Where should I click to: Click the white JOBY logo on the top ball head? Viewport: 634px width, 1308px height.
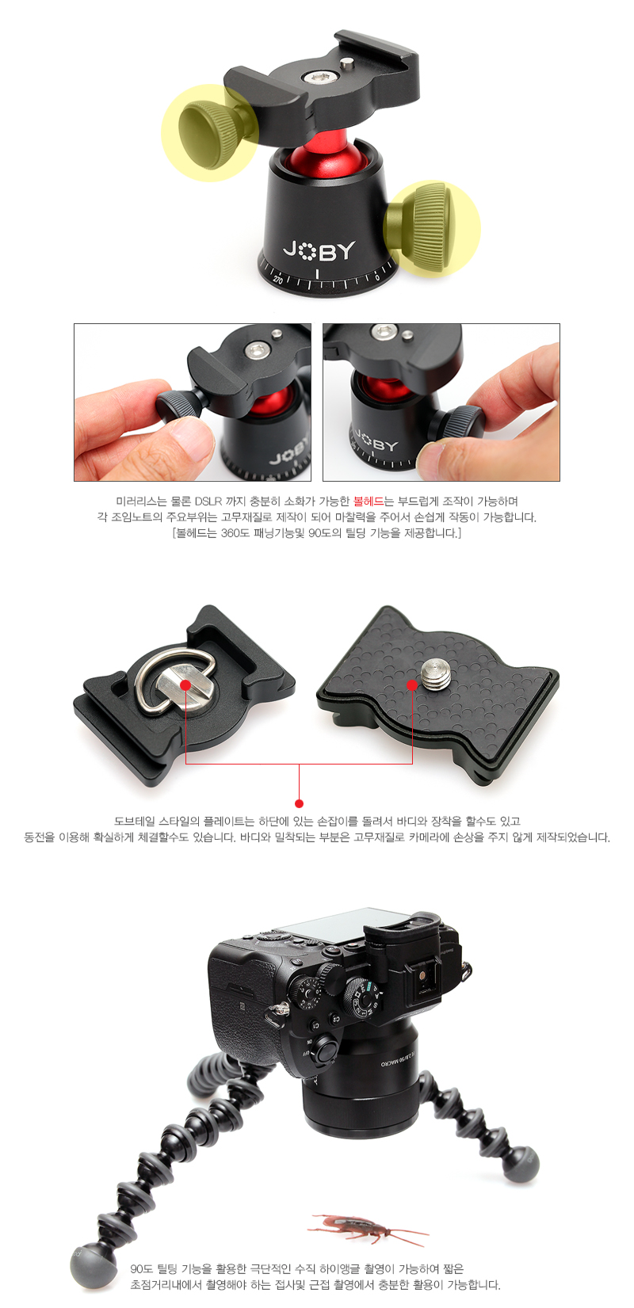[x=319, y=250]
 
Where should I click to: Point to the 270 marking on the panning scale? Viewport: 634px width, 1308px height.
[x=278, y=280]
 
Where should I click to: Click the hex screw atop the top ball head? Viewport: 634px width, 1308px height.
[x=319, y=77]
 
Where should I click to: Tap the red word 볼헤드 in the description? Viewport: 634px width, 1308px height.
[x=369, y=501]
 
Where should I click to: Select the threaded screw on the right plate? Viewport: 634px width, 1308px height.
[x=435, y=674]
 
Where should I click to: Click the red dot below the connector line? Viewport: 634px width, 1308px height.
[x=300, y=803]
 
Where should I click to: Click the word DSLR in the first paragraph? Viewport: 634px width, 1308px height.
[x=208, y=501]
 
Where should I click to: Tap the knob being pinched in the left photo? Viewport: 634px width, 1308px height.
[x=179, y=406]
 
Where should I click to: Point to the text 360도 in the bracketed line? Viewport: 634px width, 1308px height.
[x=235, y=533]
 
